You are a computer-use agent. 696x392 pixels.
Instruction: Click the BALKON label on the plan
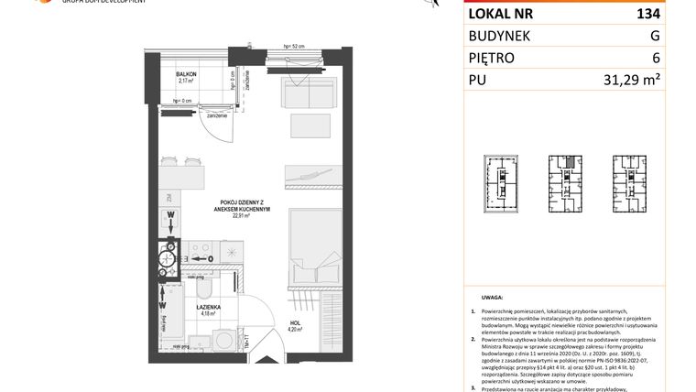[188, 72]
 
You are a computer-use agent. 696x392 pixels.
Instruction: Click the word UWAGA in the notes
[490, 298]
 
